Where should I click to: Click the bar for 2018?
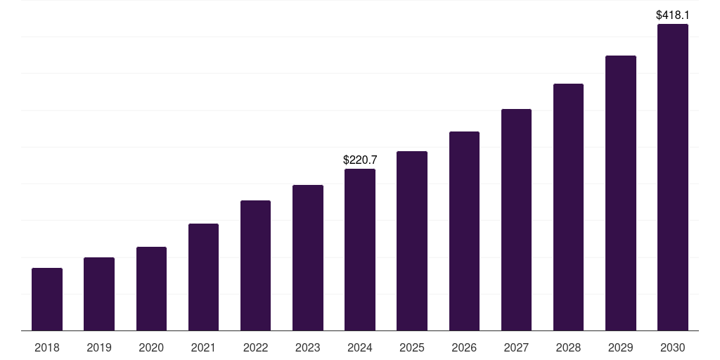click(47, 299)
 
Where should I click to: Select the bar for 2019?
click(99, 294)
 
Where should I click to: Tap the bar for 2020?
click(151, 288)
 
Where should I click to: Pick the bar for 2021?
click(203, 277)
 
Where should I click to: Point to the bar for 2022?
click(255, 265)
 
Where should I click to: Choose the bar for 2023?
click(308, 257)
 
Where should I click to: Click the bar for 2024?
click(360, 250)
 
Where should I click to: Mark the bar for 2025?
click(412, 240)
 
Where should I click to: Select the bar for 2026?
click(464, 231)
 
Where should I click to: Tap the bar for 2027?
click(516, 219)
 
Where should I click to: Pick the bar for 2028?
click(568, 207)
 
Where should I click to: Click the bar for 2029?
click(621, 193)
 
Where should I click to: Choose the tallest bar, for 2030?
click(673, 177)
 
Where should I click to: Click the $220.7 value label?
click(360, 160)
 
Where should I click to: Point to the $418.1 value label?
click(673, 15)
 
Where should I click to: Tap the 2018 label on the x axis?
click(47, 347)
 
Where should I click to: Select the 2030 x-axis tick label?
click(673, 347)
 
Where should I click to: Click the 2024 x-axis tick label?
click(360, 347)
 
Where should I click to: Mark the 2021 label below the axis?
click(203, 347)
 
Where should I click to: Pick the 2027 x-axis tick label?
click(516, 347)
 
